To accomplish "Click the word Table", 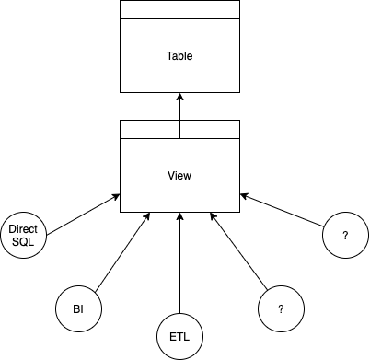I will (179, 56).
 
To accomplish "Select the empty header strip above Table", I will (179, 9).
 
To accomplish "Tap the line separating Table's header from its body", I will (179, 18).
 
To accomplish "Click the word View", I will (179, 176).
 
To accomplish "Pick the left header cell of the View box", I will (150, 129).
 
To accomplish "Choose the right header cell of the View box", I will (209, 129).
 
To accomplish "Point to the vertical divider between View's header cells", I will (179, 129).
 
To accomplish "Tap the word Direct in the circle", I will (23, 228).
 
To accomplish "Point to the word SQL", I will (23, 241).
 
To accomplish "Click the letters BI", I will (78, 309).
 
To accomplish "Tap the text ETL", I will (179, 337).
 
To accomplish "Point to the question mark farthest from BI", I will (345, 236).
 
